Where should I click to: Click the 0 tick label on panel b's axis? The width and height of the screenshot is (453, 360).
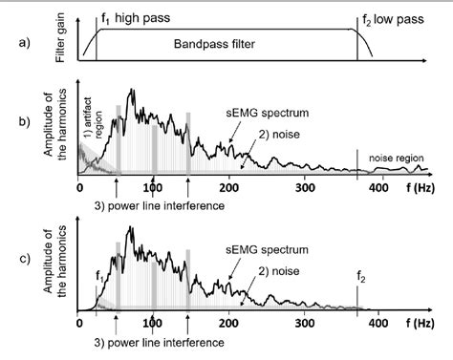[x=79, y=189]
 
